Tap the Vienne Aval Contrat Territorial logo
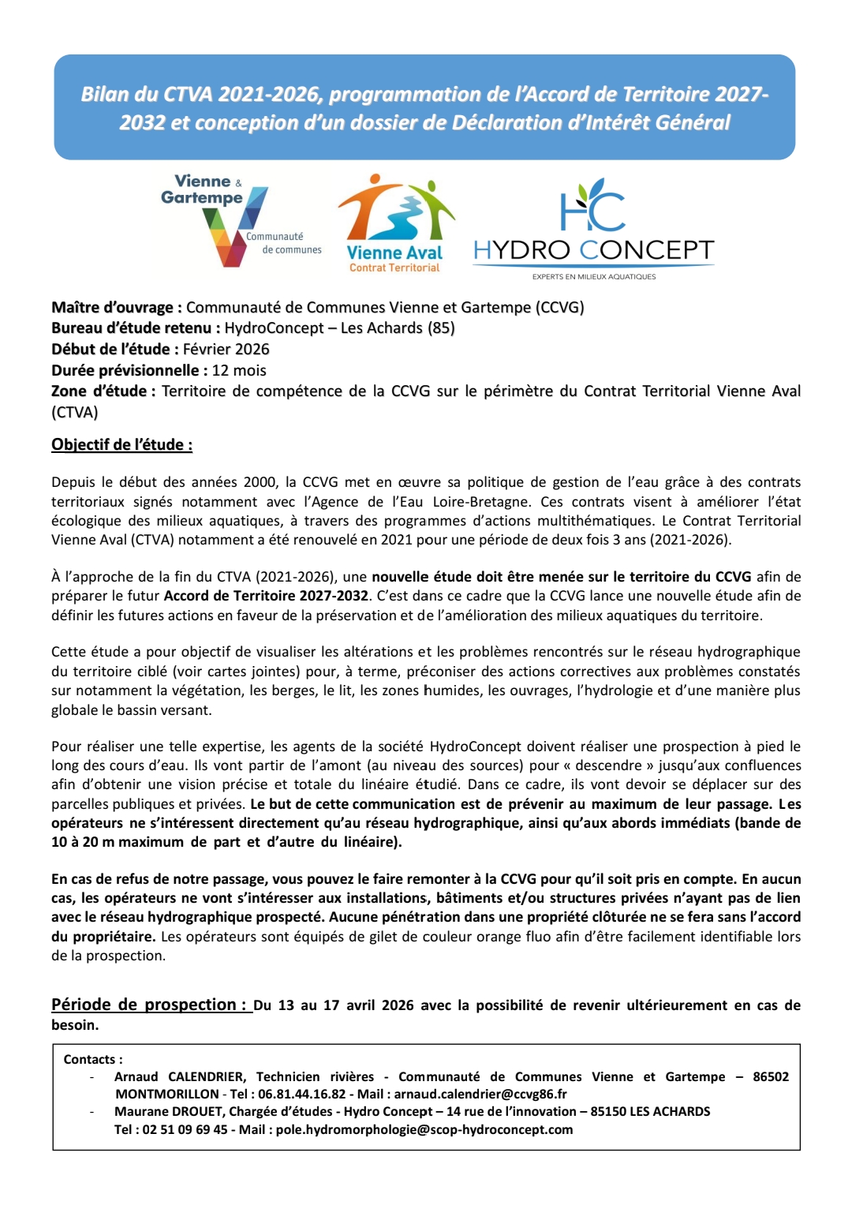[395, 223]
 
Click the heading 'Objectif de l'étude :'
[121, 445]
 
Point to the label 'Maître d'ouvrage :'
[117, 308]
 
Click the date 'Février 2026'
[226, 350]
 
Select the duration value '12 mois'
[239, 371]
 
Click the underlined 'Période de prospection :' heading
[149, 1005]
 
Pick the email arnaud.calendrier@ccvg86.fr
[480, 1095]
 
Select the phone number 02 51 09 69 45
[185, 1130]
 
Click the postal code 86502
[771, 1077]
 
